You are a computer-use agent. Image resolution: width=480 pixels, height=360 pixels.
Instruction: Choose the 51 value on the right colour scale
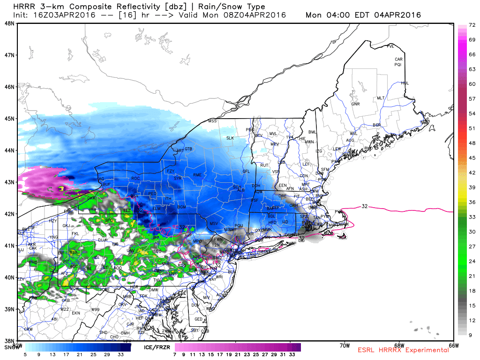pos(472,128)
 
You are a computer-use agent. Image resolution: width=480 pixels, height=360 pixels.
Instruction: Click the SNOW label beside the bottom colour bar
pos(11,347)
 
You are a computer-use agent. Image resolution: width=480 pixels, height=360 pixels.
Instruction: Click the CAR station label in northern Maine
pos(399,60)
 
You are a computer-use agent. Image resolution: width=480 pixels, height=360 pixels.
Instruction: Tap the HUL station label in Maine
pos(405,83)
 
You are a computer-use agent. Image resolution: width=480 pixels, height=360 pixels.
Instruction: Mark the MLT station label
pos(381,98)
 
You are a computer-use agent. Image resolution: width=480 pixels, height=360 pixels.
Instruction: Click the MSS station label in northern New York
pos(213,121)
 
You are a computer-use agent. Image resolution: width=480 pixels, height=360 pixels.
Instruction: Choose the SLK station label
pos(230,138)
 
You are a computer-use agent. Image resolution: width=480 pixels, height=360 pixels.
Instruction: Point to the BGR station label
pos(376,125)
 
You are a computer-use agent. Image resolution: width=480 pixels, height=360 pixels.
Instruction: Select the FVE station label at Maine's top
pos(390,46)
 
